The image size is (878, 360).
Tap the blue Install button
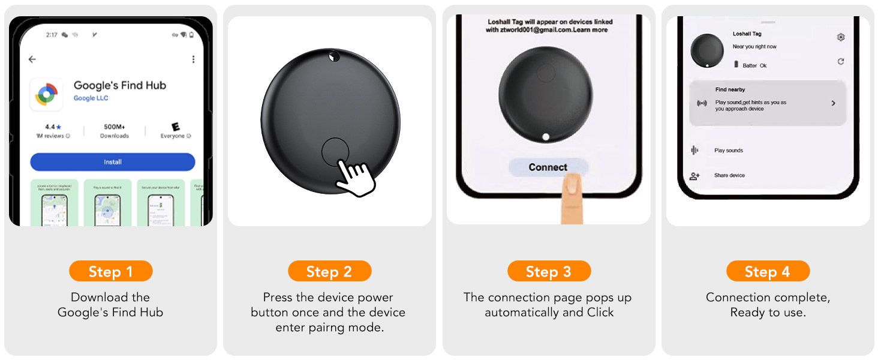pyautogui.click(x=112, y=162)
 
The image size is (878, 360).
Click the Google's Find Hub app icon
pyautogui.click(x=46, y=94)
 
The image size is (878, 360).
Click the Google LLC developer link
pyautogui.click(x=91, y=98)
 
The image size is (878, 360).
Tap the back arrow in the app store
pyautogui.click(x=32, y=59)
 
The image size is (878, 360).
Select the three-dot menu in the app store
pyautogui.click(x=193, y=59)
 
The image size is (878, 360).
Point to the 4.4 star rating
pyautogui.click(x=53, y=127)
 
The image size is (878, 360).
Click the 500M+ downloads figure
pyautogui.click(x=114, y=127)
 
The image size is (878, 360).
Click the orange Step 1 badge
pyautogui.click(x=111, y=272)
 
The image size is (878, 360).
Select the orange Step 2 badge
pyautogui.click(x=329, y=272)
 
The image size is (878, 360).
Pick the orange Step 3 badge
pyautogui.click(x=549, y=272)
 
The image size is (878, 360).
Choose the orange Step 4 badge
pyautogui.click(x=768, y=272)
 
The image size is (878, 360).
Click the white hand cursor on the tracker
pyautogui.click(x=355, y=177)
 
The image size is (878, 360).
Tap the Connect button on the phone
pyautogui.click(x=548, y=167)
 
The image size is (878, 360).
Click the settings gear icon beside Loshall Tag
pyautogui.click(x=841, y=37)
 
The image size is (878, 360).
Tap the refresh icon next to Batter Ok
pyautogui.click(x=841, y=62)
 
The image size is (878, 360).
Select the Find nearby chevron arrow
pyautogui.click(x=833, y=103)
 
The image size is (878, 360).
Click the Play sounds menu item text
pyautogui.click(x=729, y=151)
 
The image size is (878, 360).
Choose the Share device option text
pyautogui.click(x=729, y=175)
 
